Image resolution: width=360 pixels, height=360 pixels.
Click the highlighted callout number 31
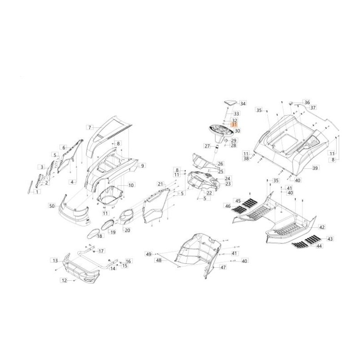234,125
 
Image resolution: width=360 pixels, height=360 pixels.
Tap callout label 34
243,103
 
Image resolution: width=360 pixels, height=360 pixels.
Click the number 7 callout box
90,127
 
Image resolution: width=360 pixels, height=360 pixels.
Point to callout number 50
52,206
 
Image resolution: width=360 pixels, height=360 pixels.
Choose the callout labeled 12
64,280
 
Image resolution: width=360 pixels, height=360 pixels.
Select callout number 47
223,267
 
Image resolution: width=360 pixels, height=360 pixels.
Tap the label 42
322,227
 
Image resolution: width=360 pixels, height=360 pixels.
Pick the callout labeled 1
37,192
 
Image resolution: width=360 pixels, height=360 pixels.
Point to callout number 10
131,185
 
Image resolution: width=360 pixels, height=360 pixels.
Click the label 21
161,184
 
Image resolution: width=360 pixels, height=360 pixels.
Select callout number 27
207,146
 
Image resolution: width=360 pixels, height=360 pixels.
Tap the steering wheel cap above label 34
230,103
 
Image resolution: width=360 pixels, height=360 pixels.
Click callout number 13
55,261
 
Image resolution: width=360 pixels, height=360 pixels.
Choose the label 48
159,260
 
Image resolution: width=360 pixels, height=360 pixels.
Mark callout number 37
313,108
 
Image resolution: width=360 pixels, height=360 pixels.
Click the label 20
127,230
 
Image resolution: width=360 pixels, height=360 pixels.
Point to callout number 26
220,164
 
